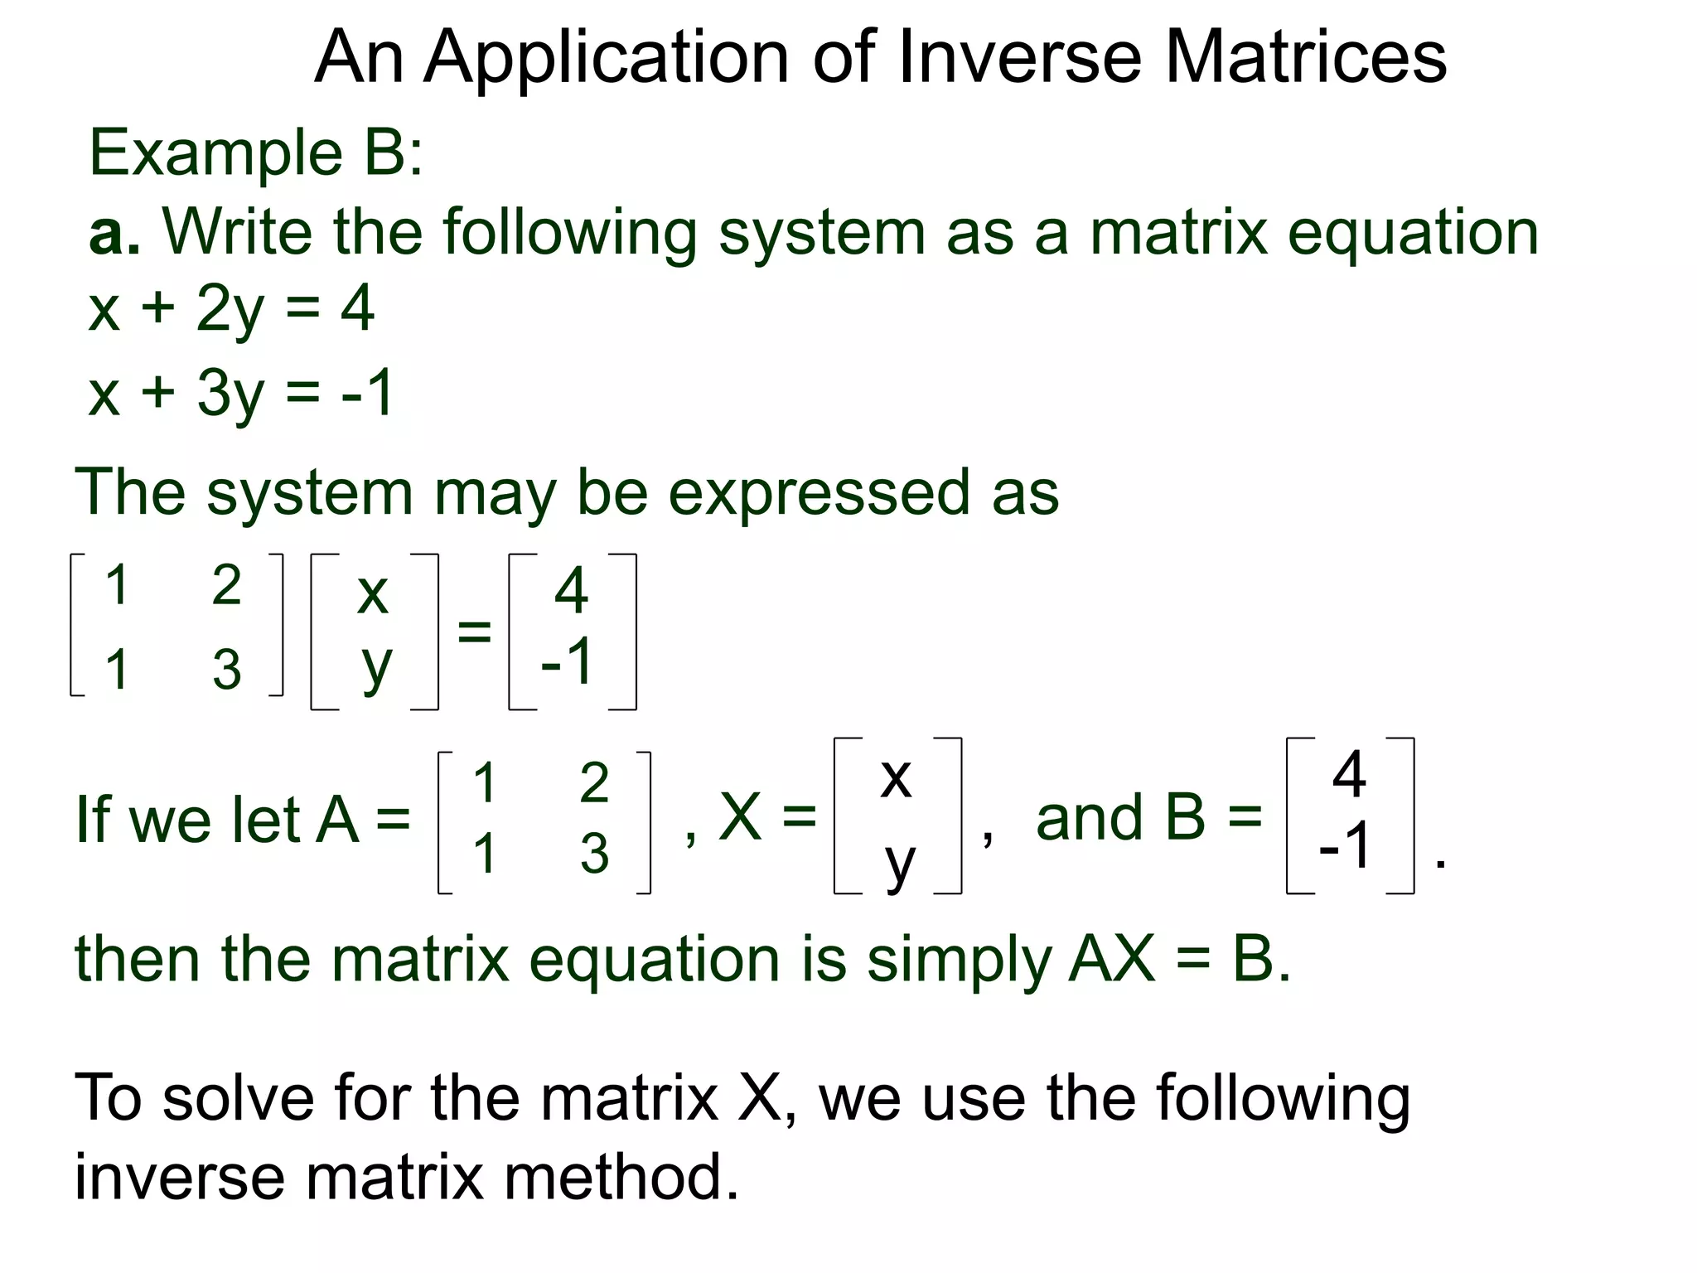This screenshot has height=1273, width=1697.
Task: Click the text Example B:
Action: [255, 153]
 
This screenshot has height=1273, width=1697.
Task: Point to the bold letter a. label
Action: [114, 232]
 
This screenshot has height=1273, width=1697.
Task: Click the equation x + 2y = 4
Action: [231, 310]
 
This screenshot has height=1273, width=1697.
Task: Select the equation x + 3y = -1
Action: [240, 393]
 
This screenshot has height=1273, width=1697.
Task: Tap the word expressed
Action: [818, 494]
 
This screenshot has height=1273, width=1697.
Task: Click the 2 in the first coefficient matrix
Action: [226, 584]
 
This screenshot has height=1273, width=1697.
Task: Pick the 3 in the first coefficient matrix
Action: [226, 670]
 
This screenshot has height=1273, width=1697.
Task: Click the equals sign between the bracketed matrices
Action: [474, 632]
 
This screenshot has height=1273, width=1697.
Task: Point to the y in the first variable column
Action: [375, 666]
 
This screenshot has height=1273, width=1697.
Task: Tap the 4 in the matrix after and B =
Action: [1349, 775]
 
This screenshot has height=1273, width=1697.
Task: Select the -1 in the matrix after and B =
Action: [1346, 845]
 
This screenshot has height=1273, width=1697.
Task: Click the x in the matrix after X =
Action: [896, 777]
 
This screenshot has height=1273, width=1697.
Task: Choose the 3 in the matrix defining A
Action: [594, 854]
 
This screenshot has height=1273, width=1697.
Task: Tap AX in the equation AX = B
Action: [1111, 960]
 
